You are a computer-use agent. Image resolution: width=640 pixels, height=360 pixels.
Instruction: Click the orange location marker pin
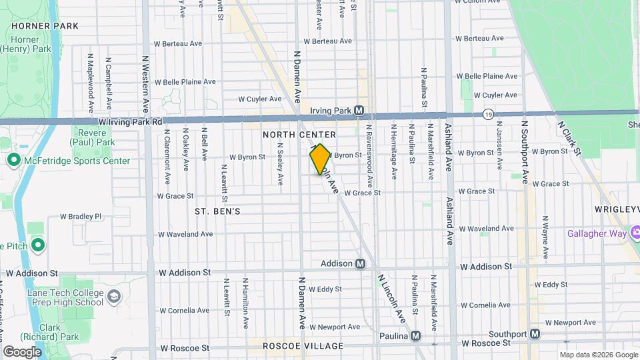click(x=320, y=159)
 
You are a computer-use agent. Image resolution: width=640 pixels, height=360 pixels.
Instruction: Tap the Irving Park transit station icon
click(x=359, y=110)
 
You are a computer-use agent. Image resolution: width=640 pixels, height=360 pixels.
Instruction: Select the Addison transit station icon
click(x=360, y=263)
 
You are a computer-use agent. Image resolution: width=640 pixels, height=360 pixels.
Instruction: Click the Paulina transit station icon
click(x=416, y=336)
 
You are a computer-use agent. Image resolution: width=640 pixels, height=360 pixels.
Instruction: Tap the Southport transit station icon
click(x=535, y=334)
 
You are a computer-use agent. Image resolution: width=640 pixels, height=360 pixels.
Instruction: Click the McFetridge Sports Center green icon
click(x=13, y=161)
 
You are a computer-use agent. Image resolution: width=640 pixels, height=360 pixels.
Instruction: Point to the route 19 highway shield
click(x=488, y=115)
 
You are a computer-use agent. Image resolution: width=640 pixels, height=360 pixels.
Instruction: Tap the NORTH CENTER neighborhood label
click(x=299, y=135)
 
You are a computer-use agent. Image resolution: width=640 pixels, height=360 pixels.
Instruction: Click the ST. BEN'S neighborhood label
click(x=217, y=211)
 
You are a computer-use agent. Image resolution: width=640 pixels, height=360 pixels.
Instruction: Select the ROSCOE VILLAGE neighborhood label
click(x=303, y=346)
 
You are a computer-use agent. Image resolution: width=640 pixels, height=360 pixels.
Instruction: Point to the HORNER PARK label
click(x=45, y=26)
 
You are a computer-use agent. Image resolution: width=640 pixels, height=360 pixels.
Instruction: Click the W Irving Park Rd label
click(x=130, y=122)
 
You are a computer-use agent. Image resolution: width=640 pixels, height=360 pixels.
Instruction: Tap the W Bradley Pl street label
click(x=81, y=216)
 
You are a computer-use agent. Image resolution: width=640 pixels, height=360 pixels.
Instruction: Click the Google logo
click(x=22, y=351)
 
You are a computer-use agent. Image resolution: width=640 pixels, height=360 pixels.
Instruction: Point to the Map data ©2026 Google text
click(x=598, y=355)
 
